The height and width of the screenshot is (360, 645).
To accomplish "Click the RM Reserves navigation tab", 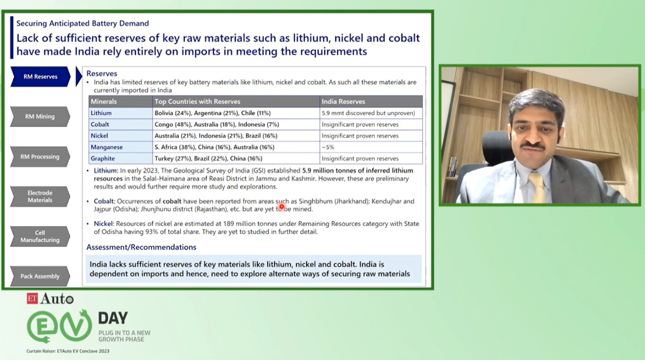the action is click(x=40, y=77).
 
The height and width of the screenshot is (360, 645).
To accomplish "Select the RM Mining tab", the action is click(x=40, y=116).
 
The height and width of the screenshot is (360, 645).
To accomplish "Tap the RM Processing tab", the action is click(x=40, y=156).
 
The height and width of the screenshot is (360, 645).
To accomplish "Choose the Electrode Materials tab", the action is click(x=40, y=197).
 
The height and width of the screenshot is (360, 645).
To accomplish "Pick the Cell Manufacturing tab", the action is click(x=40, y=236).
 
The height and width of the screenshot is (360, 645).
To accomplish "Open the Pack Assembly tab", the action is click(x=40, y=276).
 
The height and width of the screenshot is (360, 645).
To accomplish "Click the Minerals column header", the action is click(x=104, y=102).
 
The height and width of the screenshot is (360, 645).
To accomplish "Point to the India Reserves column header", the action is click(x=343, y=102).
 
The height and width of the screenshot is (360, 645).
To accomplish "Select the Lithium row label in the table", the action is click(x=101, y=113).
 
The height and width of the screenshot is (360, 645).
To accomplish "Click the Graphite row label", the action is click(x=103, y=159).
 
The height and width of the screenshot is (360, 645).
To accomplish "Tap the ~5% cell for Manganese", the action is click(x=328, y=147).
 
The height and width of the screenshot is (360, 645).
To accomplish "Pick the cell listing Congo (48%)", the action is click(x=217, y=124).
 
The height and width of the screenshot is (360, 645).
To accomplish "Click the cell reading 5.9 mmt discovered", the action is click(x=368, y=113).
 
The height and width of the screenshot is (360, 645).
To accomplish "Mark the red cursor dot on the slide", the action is click(x=282, y=206).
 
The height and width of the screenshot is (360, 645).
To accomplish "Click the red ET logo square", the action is click(x=32, y=298).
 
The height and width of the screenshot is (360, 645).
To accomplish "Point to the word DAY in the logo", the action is click(x=113, y=318).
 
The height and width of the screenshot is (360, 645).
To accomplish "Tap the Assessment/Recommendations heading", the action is click(x=141, y=247).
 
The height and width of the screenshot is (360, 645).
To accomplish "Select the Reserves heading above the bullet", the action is click(x=102, y=74).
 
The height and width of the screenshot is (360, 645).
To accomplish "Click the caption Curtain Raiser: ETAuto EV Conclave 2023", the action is click(x=68, y=351).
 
